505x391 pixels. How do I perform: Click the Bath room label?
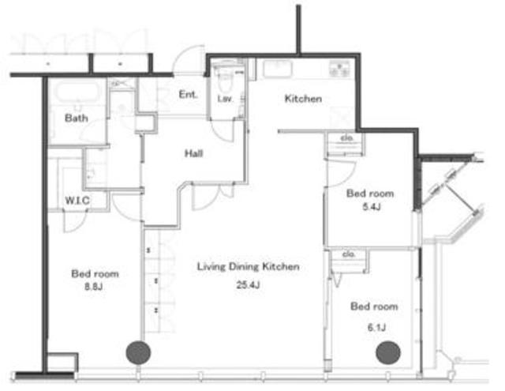point(77,118)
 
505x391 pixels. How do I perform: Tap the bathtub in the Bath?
point(77,92)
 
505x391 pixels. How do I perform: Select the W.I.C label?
point(77,201)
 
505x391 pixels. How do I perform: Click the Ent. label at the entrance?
point(188,95)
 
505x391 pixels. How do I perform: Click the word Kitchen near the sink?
point(303,98)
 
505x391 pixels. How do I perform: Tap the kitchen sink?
point(278,69)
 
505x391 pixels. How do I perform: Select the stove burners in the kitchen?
point(339,69)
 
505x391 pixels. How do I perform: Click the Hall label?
point(193,153)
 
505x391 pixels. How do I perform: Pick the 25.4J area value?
point(248,284)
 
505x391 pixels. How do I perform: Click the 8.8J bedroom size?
point(94,286)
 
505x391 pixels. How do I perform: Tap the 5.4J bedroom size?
point(372,206)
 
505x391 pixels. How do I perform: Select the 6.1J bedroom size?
point(376,328)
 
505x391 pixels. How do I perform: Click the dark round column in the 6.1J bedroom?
point(388,352)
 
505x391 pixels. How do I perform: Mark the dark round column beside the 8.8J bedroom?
point(139,352)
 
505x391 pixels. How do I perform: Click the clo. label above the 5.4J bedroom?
point(347,138)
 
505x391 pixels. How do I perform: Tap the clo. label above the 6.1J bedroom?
point(349,254)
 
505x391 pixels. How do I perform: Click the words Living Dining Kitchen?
point(249,266)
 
